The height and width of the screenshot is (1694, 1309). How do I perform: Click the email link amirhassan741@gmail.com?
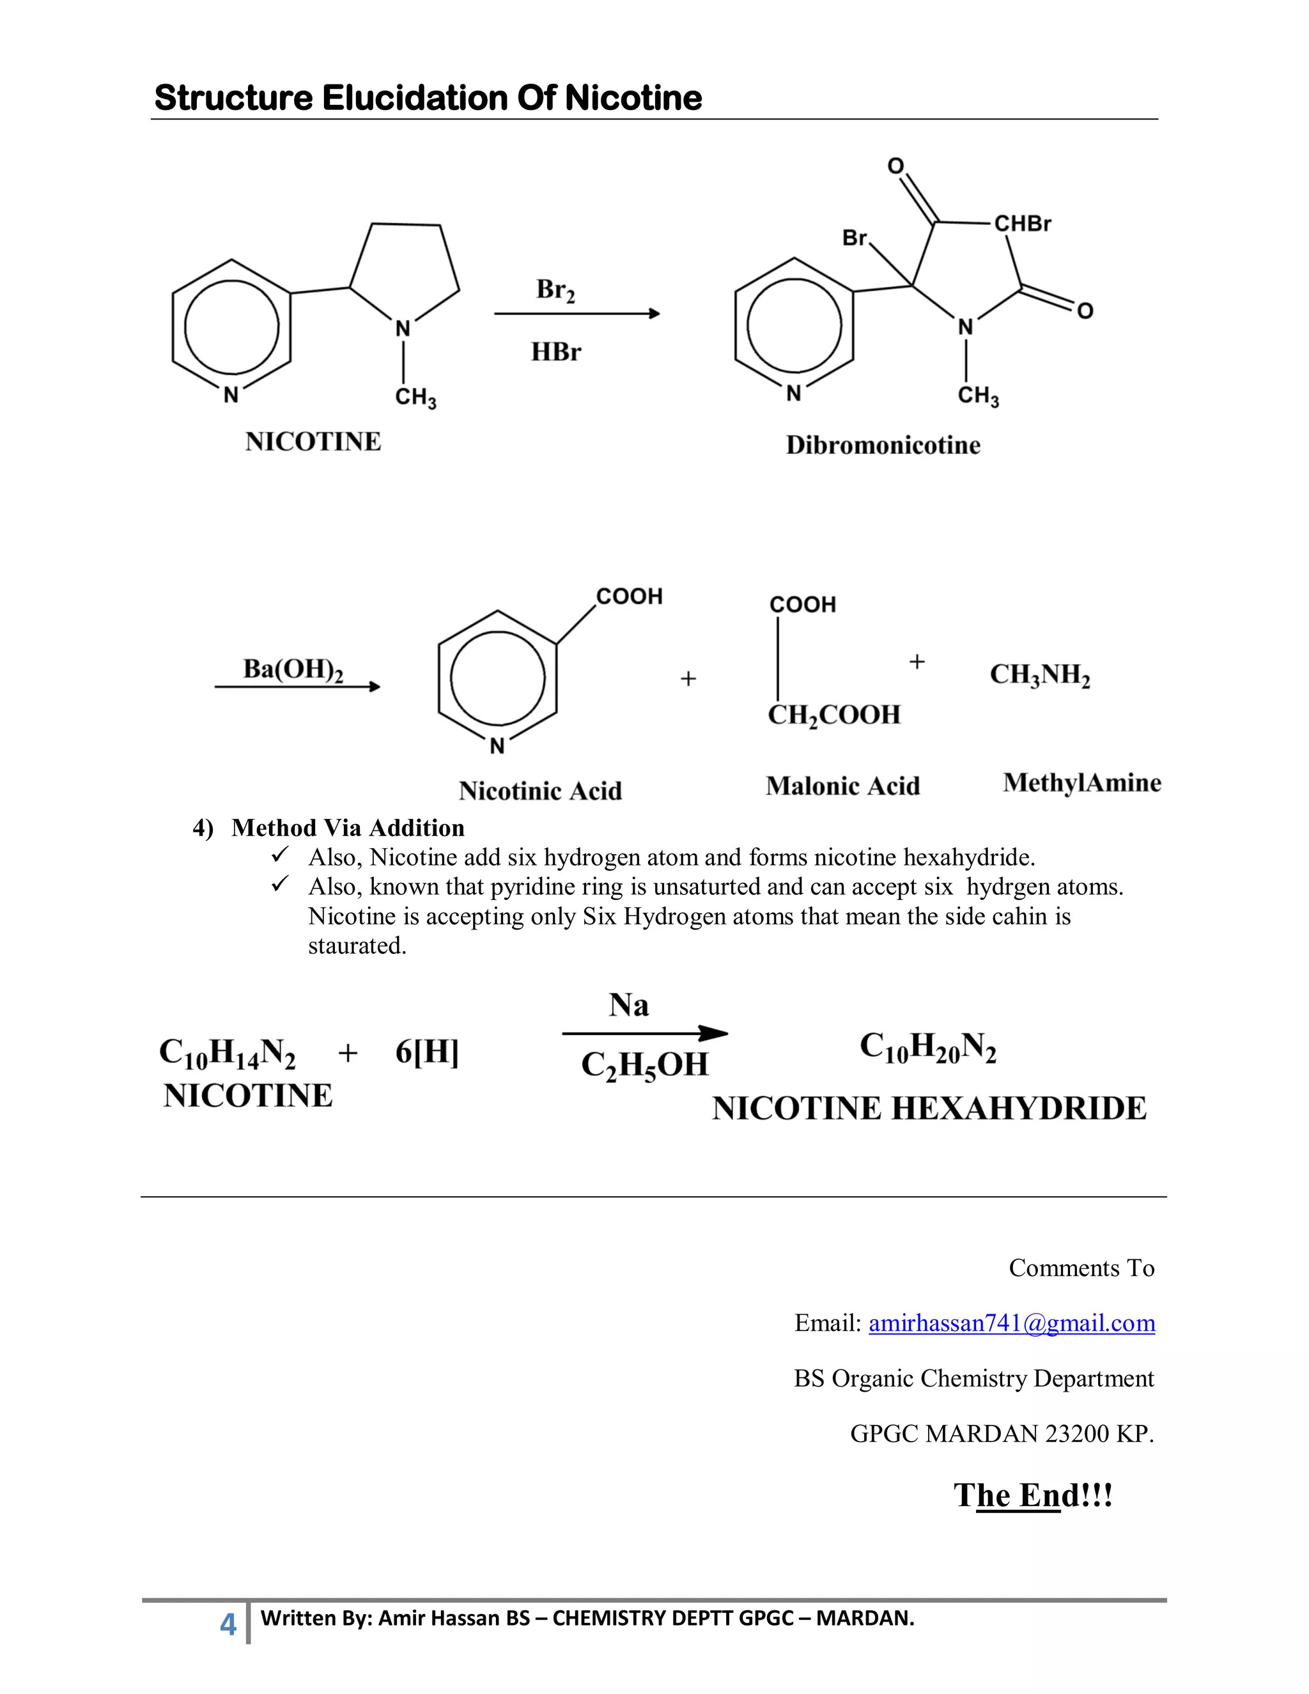1011,1323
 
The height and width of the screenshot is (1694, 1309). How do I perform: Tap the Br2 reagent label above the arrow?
555,290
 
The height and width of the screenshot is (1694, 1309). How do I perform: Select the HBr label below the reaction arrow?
556,352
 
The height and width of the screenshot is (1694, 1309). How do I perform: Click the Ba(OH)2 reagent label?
293,669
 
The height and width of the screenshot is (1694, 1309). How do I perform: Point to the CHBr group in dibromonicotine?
1022,224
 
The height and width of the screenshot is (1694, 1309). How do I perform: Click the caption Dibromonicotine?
883,445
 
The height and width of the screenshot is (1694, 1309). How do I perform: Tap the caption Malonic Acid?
843,786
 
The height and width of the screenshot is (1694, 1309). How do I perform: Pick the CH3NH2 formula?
1040,675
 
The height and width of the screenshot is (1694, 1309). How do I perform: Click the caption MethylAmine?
1082,782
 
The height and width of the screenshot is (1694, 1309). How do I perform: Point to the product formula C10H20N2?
927,1047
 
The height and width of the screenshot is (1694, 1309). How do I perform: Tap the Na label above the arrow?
629,1006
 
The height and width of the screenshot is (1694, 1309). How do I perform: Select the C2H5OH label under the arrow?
644,1065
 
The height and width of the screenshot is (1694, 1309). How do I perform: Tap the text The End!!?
1033,1495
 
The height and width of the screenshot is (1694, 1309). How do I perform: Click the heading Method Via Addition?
348,828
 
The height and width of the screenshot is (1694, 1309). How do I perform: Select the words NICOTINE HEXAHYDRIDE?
929,1108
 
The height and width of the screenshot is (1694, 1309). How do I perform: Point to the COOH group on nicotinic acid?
629,596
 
